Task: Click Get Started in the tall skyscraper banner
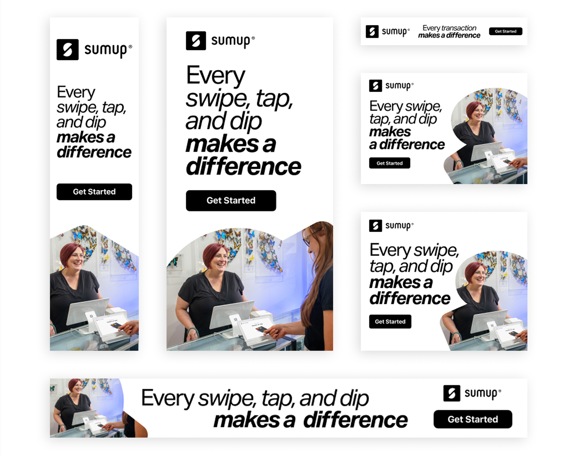click(x=94, y=192)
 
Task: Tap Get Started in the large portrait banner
click(x=231, y=201)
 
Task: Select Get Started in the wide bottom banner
click(x=473, y=419)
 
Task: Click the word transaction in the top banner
click(x=459, y=28)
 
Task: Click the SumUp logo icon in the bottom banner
click(x=452, y=393)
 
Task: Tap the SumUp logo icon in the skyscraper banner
click(x=68, y=50)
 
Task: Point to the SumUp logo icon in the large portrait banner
click(x=196, y=41)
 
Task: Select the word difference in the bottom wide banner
click(x=356, y=420)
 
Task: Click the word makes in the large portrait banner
click(x=222, y=144)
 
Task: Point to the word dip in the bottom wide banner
click(x=354, y=398)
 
